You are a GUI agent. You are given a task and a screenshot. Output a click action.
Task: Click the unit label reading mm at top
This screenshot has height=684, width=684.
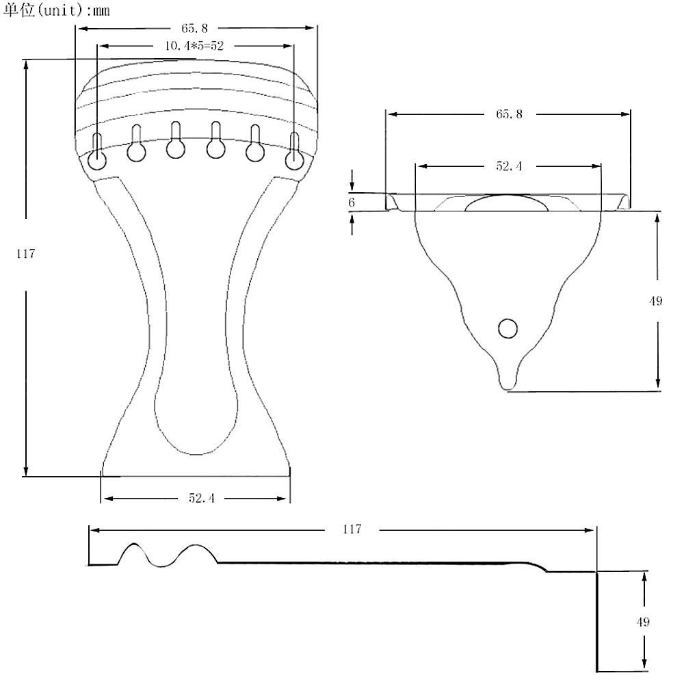(x=101, y=10)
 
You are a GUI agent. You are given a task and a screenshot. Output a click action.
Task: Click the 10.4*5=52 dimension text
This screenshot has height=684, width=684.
(x=194, y=45)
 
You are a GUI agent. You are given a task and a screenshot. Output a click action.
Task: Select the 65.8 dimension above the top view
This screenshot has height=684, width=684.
(x=194, y=28)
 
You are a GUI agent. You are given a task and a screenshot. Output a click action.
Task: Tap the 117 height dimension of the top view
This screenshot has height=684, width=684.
(x=25, y=254)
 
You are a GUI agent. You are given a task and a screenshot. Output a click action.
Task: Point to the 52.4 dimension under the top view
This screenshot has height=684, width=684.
(x=202, y=498)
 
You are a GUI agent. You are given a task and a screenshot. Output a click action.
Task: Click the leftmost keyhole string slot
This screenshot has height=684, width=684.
(x=97, y=152)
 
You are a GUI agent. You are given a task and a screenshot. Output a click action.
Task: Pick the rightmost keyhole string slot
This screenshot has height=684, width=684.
(x=294, y=152)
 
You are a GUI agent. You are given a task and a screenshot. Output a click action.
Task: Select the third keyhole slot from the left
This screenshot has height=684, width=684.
(x=176, y=140)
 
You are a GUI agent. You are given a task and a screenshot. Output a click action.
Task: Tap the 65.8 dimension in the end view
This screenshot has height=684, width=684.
(x=509, y=114)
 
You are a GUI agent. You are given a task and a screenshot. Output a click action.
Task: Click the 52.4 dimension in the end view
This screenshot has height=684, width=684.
(x=509, y=166)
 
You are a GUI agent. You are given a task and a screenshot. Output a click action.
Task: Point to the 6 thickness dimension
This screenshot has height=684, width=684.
(x=352, y=202)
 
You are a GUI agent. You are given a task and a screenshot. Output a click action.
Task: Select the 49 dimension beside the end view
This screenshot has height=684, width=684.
(x=656, y=301)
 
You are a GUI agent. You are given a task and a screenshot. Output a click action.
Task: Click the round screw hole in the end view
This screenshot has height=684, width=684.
(x=508, y=328)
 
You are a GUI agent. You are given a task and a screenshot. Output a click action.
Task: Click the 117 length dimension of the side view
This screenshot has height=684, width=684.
(x=352, y=529)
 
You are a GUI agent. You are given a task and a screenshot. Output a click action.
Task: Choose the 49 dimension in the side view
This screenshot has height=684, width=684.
(x=642, y=622)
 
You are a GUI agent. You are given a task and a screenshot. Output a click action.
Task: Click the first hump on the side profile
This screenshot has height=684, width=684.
(x=134, y=544)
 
